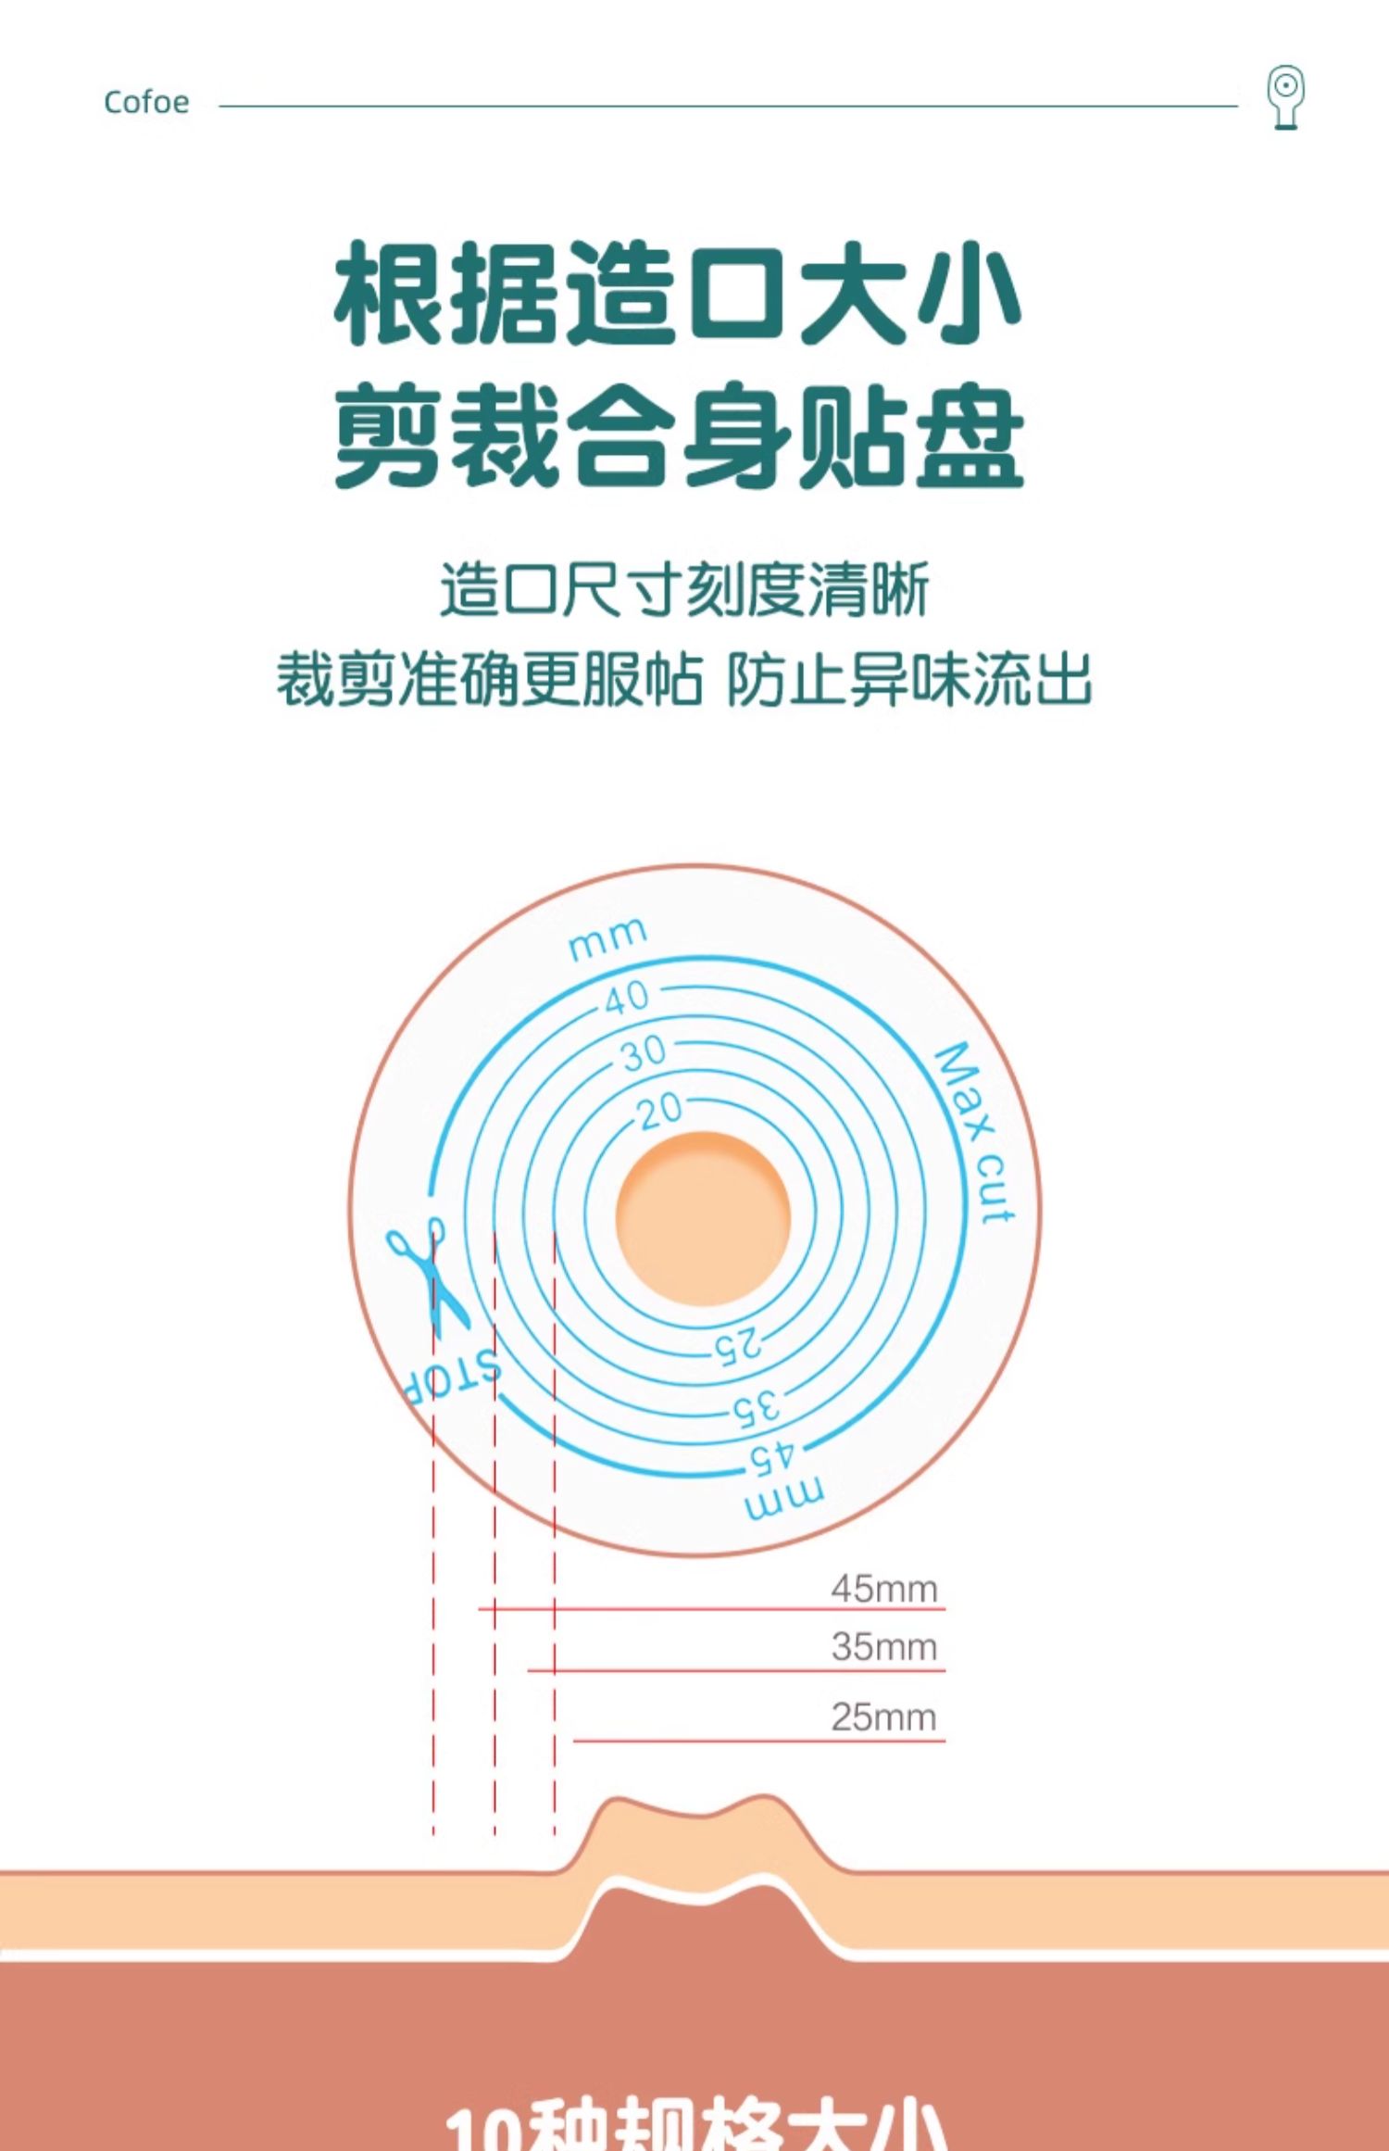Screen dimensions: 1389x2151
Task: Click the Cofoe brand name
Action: (x=146, y=102)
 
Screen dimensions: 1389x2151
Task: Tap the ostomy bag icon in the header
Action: (x=1285, y=96)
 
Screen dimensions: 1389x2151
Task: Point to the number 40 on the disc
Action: (x=627, y=998)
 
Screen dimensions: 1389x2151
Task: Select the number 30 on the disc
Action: (x=644, y=1053)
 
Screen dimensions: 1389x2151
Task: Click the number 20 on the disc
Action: (x=660, y=1109)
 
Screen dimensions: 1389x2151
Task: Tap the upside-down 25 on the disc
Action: (x=738, y=1345)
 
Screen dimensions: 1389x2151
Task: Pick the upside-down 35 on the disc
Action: (x=757, y=1408)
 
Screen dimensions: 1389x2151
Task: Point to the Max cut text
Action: (x=975, y=1132)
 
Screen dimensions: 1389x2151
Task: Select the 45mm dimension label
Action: (x=883, y=1589)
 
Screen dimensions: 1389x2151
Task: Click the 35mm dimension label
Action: (x=883, y=1647)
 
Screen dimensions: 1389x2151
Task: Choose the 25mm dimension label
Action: (x=883, y=1717)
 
